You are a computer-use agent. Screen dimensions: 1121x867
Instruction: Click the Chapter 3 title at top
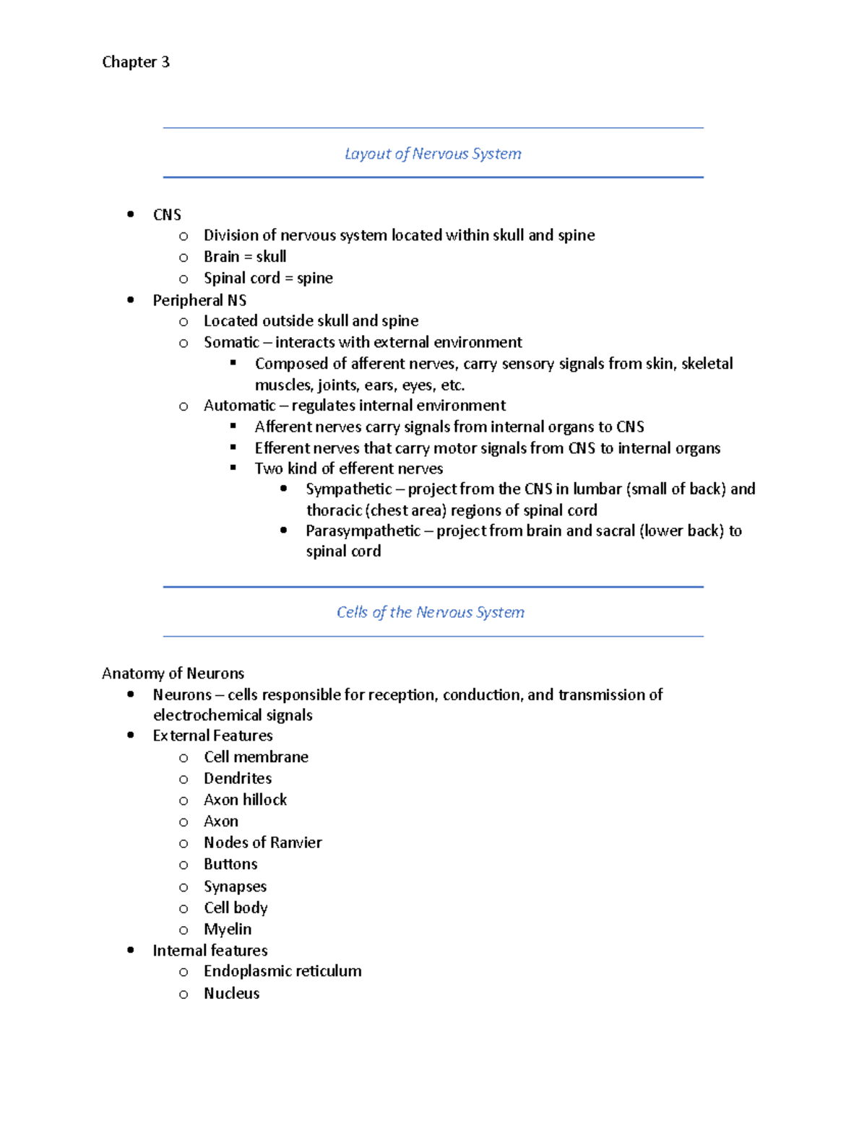coord(136,62)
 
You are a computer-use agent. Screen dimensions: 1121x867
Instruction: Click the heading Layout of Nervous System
coord(433,154)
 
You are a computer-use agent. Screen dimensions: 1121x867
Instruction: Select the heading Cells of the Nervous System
coord(431,612)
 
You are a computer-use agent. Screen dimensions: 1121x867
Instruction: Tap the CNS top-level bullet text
coord(167,215)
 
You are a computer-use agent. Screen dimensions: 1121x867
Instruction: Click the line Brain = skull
coord(245,257)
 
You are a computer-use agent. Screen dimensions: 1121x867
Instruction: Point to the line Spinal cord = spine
coord(268,279)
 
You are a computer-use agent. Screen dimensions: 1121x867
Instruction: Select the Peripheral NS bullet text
coord(199,300)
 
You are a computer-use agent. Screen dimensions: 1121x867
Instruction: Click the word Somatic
coord(231,342)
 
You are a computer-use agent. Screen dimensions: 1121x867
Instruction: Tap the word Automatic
coord(239,406)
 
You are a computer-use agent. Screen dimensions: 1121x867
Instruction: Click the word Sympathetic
coord(348,489)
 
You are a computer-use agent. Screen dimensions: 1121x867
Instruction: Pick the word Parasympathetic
coord(363,531)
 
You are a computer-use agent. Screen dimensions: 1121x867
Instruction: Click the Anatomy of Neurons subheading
coord(173,673)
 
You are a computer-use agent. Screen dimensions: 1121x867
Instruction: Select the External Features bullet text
coord(212,736)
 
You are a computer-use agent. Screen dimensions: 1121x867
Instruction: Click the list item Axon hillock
coord(245,800)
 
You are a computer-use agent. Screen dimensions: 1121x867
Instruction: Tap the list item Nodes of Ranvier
coord(262,842)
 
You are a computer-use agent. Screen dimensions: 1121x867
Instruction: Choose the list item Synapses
coord(235,886)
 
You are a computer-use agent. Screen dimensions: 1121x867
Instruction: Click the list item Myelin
coord(228,929)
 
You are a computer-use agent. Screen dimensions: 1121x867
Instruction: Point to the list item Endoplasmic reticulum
coord(282,972)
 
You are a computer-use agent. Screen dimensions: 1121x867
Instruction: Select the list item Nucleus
coord(231,993)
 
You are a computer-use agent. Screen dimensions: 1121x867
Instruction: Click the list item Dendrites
coord(238,778)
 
